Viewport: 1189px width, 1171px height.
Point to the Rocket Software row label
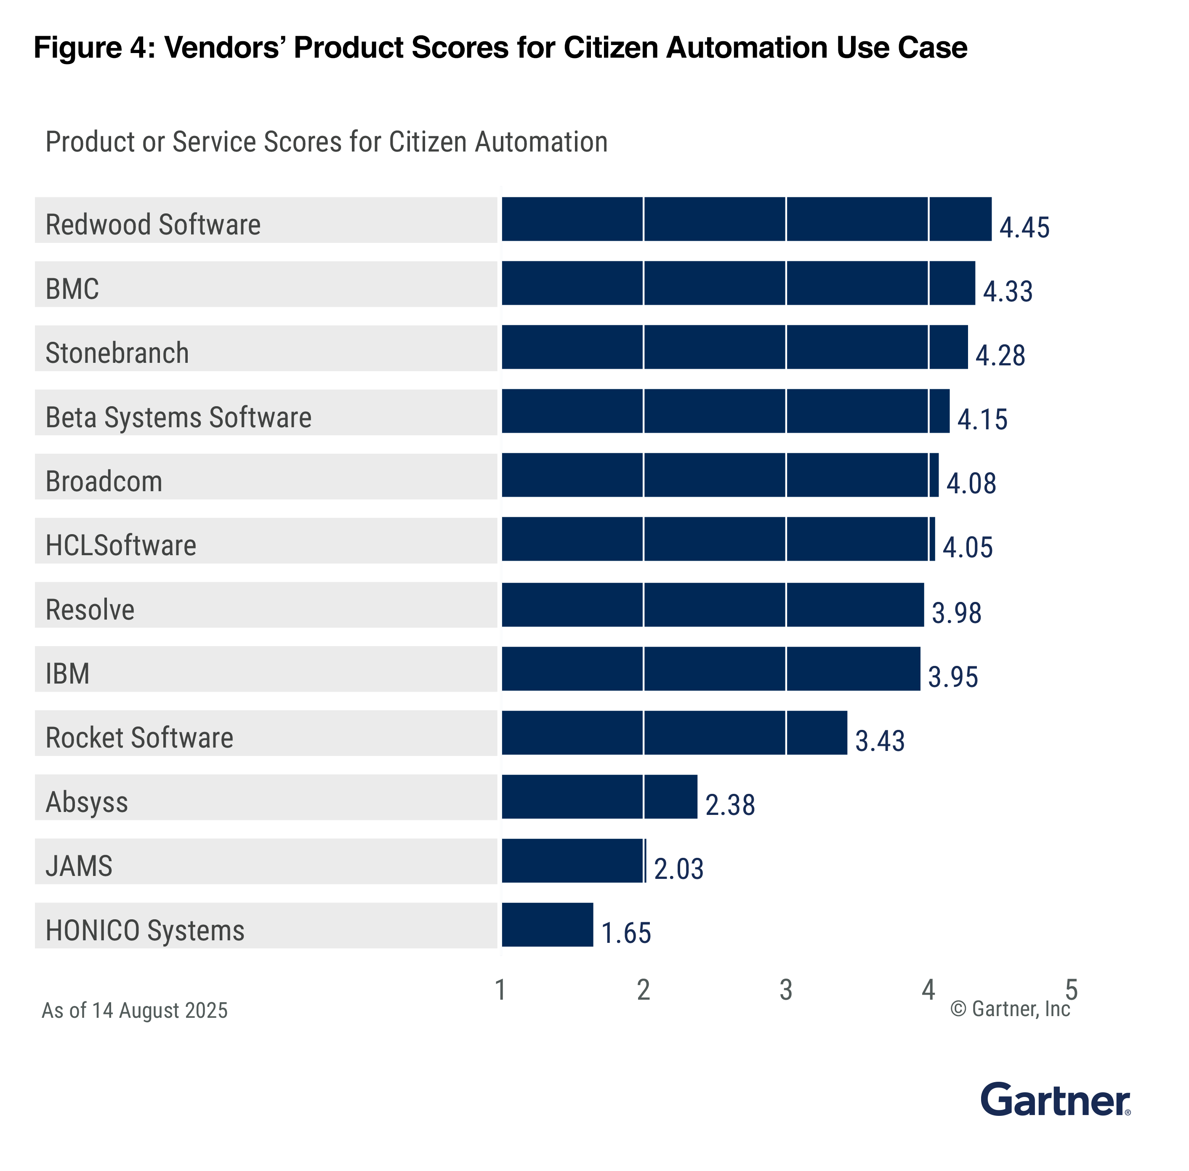(139, 737)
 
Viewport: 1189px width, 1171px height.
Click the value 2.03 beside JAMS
(678, 868)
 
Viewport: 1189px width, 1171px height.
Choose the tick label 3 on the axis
(785, 990)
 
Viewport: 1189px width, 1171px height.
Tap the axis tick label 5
(1070, 990)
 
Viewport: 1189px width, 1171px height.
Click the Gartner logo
(1054, 1100)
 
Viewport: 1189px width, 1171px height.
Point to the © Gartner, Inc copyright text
(1009, 1009)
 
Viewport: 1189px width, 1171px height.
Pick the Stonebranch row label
(117, 353)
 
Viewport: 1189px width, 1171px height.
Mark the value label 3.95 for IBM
(952, 676)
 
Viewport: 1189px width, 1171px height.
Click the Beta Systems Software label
(178, 417)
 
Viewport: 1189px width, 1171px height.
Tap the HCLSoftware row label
(120, 546)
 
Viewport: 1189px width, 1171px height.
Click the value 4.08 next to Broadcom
(970, 483)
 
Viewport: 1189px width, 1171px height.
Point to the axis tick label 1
(500, 990)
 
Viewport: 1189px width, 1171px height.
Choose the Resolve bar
(712, 604)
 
